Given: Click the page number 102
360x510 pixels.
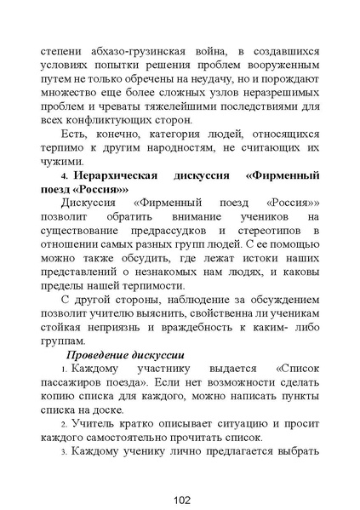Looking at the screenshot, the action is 180,500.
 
